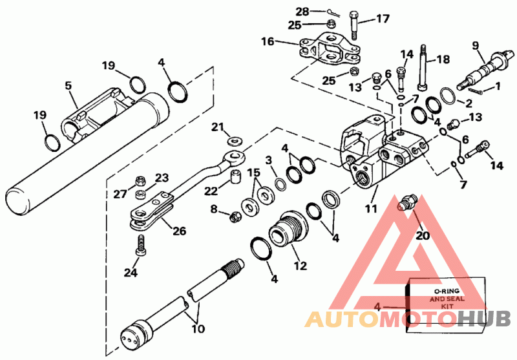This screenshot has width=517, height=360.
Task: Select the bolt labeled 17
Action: pyautogui.click(x=353, y=25)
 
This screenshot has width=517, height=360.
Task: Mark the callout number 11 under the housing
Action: pyautogui.click(x=370, y=209)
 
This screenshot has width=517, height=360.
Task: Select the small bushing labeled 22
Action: pyautogui.click(x=236, y=176)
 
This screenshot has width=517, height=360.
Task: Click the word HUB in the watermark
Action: pyautogui.click(x=484, y=319)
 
